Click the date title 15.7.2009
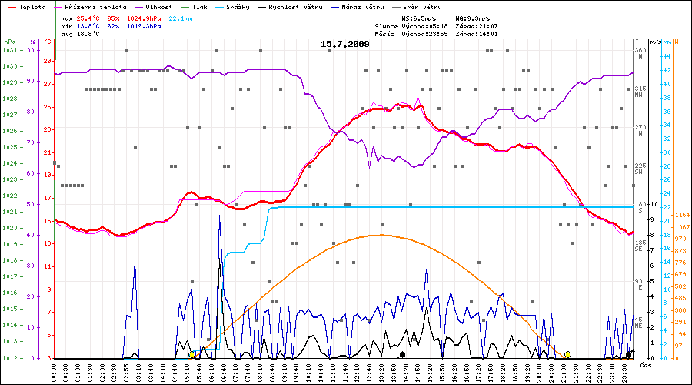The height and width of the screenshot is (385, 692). tap(344, 44)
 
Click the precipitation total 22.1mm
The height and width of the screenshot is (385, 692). tap(181, 18)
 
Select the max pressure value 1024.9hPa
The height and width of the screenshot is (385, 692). tap(144, 18)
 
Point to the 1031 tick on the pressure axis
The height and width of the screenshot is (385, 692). tap(9, 50)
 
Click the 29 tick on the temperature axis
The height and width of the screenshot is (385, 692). tap(48, 60)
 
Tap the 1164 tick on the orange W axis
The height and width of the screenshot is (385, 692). tap(681, 213)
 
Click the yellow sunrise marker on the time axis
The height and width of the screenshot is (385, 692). tap(192, 354)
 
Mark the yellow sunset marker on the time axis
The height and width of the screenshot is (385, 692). tap(567, 354)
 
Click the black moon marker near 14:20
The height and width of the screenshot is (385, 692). tap(403, 354)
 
